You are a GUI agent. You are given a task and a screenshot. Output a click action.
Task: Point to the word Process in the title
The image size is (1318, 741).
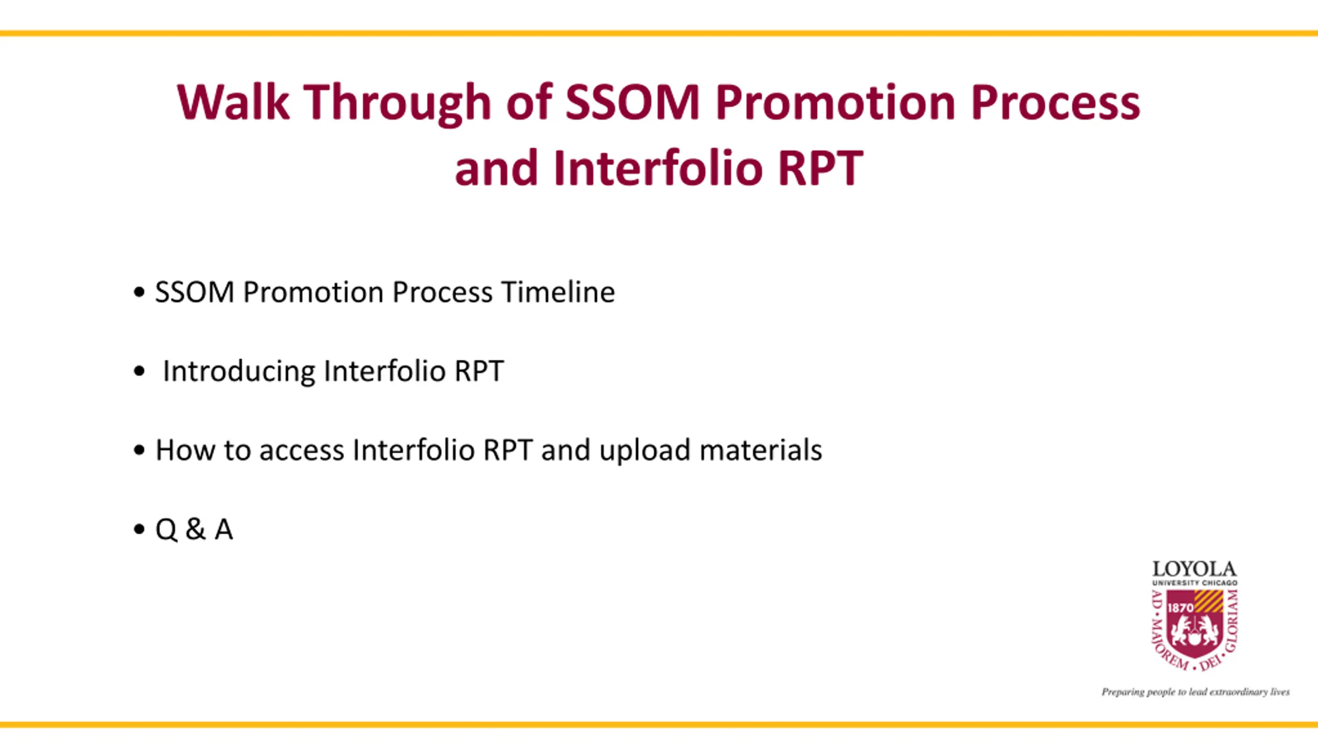[1055, 102]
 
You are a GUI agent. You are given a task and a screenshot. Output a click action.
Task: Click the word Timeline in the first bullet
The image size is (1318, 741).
[558, 292]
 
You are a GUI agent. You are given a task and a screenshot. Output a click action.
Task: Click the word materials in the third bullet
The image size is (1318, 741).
[761, 450]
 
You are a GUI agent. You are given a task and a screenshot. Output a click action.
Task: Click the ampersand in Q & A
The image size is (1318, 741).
[195, 529]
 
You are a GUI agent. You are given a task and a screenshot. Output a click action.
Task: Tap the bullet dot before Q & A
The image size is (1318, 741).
[139, 529]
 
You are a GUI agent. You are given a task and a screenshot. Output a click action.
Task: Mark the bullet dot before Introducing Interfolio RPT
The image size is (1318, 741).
[139, 371]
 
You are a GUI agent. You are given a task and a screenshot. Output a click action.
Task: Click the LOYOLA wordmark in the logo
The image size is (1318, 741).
[1194, 569]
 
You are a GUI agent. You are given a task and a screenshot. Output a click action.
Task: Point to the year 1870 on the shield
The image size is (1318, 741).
[1180, 608]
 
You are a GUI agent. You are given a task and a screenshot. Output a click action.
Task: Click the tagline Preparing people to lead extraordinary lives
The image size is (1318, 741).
[1195, 692]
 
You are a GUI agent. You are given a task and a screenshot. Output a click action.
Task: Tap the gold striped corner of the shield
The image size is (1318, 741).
[1209, 601]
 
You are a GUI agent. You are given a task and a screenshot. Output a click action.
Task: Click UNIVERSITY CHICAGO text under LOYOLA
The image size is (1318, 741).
[1194, 583]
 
